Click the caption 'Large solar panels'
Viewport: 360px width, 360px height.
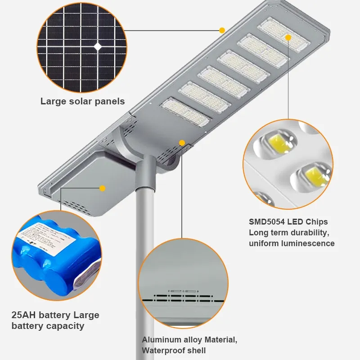pos(82,101)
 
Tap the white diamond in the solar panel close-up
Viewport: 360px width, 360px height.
pos(98,46)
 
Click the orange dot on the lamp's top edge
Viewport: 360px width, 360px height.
pos(222,31)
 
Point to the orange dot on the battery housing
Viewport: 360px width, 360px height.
pos(103,188)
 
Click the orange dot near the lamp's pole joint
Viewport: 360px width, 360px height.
pos(182,143)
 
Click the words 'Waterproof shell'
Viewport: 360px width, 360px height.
pos(174,350)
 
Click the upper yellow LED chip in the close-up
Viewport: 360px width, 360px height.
pos(280,143)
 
